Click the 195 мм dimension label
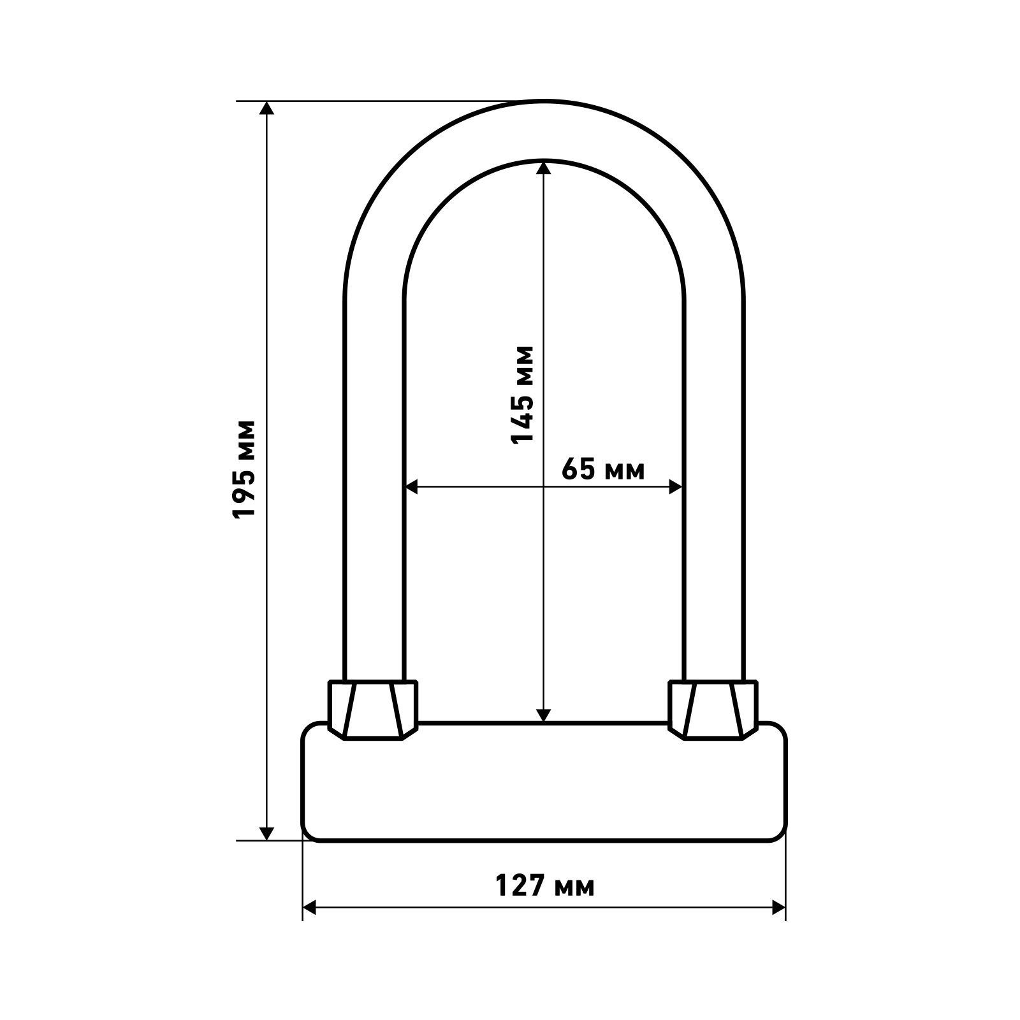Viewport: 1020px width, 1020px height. tap(244, 469)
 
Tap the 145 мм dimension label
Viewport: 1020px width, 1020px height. tap(521, 395)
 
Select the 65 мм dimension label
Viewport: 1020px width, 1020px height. tap(603, 470)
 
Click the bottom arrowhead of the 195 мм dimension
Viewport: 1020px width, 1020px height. tap(267, 833)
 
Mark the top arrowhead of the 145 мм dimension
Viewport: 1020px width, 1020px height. tap(543, 167)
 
